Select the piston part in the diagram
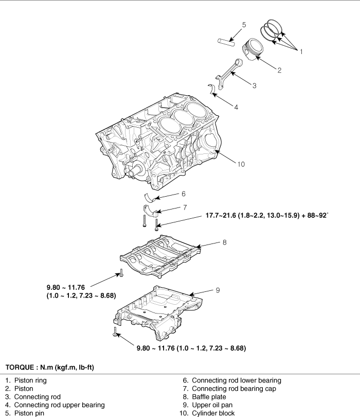coord(253,49)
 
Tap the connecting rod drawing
coord(229,73)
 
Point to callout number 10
coord(241,164)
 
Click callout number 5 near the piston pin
coord(244,25)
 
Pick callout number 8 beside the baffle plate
coord(225,242)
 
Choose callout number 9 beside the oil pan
coord(218,290)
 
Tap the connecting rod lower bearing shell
coord(150,198)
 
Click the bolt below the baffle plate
coord(121,273)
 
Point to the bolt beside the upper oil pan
coord(115,332)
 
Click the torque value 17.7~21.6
coord(221,215)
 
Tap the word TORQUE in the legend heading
coord(20,368)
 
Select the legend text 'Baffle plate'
coord(209,397)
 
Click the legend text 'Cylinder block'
coord(213,413)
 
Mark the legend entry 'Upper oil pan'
coord(212,405)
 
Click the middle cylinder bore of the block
coord(183,117)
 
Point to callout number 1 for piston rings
coord(301,51)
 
